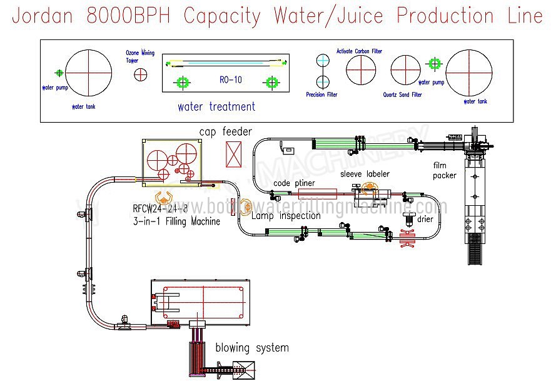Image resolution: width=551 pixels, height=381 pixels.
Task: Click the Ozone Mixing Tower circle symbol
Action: [x=141, y=74]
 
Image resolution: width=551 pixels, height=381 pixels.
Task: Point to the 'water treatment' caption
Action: [x=216, y=106]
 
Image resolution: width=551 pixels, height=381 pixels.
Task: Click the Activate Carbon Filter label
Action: [x=359, y=51]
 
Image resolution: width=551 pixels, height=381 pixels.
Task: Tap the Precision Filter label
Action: [x=321, y=95]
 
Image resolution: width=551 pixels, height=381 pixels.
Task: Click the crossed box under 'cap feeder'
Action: [x=234, y=154]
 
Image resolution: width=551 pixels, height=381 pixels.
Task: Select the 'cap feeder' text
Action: [x=226, y=131]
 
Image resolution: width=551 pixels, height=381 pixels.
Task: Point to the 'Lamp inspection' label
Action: [x=286, y=216]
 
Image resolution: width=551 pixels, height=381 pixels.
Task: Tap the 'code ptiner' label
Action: [x=294, y=183]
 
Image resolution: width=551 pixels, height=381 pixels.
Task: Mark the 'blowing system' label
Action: [x=252, y=347]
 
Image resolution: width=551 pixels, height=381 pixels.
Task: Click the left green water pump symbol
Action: [x=59, y=73]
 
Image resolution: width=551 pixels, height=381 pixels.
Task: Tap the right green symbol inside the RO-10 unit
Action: [x=271, y=82]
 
